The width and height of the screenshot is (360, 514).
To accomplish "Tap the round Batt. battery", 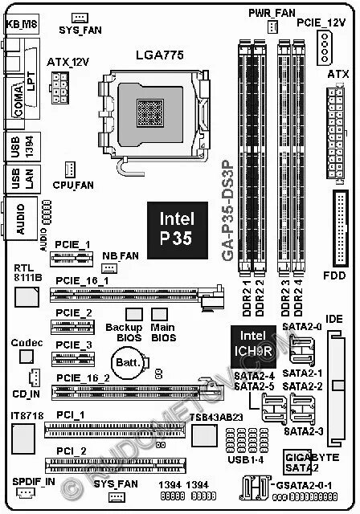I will tap(128, 364).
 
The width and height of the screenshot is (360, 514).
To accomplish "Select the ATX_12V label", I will tap(64, 61).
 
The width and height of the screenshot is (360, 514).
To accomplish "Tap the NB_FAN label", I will tap(121, 255).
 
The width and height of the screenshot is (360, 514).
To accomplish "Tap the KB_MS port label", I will tap(22, 25).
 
